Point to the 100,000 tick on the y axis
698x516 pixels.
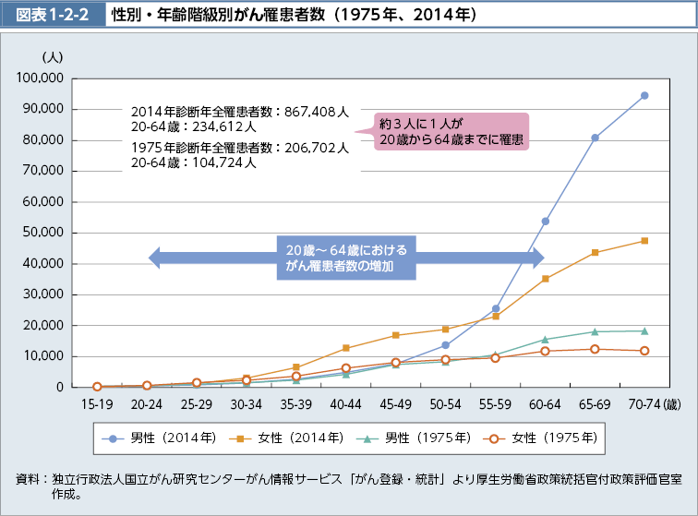pyautogui.click(x=39, y=78)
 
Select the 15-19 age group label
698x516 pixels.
pyautogui.click(x=97, y=403)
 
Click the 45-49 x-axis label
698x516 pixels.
pyautogui.click(x=395, y=403)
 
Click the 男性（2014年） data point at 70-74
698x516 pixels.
pyautogui.click(x=644, y=95)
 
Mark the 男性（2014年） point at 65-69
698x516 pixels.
pyautogui.click(x=595, y=138)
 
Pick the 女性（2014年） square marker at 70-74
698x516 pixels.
pyautogui.click(x=644, y=241)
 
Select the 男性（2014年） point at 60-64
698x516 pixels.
pyautogui.click(x=545, y=222)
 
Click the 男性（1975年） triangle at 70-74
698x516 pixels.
pyautogui.click(x=644, y=330)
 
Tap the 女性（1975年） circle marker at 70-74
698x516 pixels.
pyautogui.click(x=644, y=351)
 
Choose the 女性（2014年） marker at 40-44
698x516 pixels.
pyautogui.click(x=345, y=348)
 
